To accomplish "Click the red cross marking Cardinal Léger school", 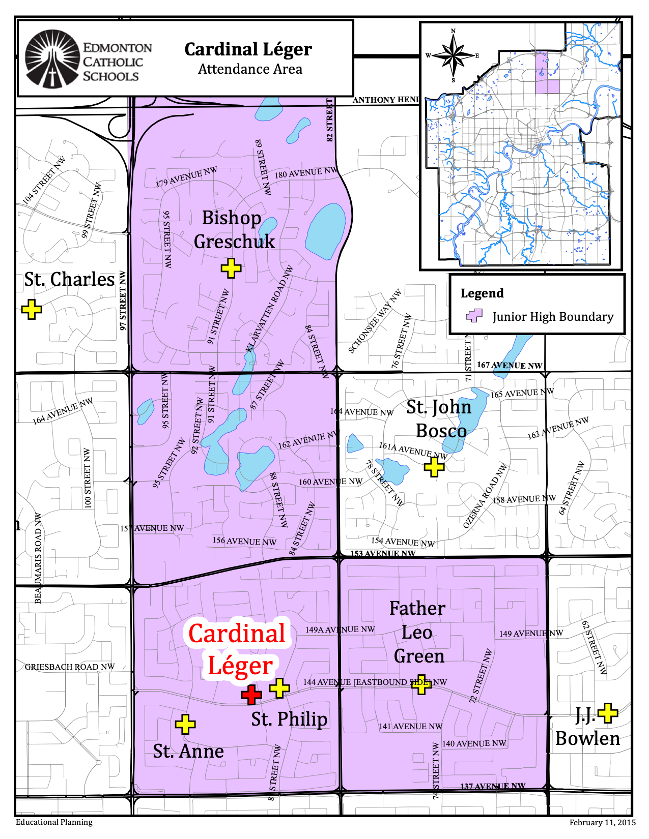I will pyautogui.click(x=251, y=695).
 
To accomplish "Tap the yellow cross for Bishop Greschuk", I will pyautogui.click(x=231, y=268).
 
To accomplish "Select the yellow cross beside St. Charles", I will pyautogui.click(x=32, y=309).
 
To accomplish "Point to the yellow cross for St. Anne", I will pyautogui.click(x=185, y=724).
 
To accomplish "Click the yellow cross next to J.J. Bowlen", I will pyautogui.click(x=608, y=713).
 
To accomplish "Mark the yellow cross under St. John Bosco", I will pyautogui.click(x=434, y=466).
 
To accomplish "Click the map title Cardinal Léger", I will pyautogui.click(x=248, y=49).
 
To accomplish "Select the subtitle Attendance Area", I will pyautogui.click(x=250, y=69).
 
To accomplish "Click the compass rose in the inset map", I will pyautogui.click(x=453, y=55).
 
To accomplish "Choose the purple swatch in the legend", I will pyautogui.click(x=474, y=316).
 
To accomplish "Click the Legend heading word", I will pyautogui.click(x=482, y=293).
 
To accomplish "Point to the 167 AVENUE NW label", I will pyautogui.click(x=509, y=365).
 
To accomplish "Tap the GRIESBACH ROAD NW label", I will pyautogui.click(x=70, y=667).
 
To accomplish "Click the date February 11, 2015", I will pyautogui.click(x=602, y=822).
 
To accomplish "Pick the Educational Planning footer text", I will pyautogui.click(x=54, y=822).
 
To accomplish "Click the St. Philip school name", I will pyautogui.click(x=289, y=719).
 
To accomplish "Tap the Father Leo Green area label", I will pyautogui.click(x=417, y=632).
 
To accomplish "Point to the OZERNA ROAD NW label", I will pyautogui.click(x=485, y=496).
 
